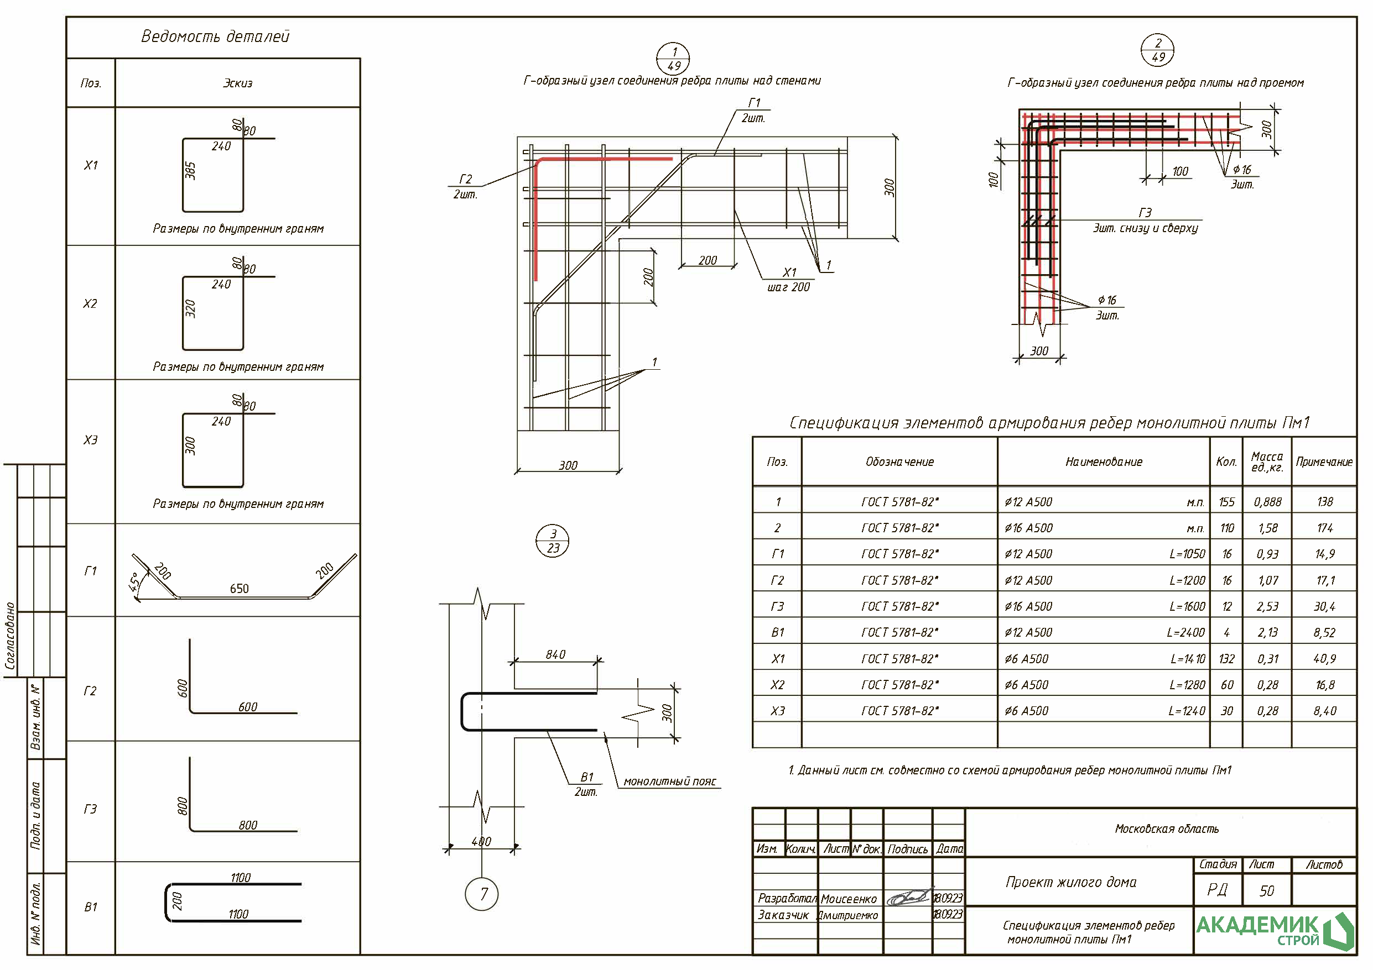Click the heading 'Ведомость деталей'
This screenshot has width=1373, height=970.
[215, 37]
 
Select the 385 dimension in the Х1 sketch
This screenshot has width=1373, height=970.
[190, 171]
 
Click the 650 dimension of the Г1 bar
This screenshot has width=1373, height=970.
[239, 589]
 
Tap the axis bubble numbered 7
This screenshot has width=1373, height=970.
[481, 894]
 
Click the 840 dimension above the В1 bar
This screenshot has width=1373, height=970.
[555, 654]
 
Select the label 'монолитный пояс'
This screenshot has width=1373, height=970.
[669, 781]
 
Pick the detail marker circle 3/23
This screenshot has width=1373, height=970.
[553, 541]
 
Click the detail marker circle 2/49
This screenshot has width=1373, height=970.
[1157, 50]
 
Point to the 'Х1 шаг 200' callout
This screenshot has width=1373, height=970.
[789, 280]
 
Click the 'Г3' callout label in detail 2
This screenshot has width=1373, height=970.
[1145, 213]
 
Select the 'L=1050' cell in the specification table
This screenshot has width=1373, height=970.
[1187, 554]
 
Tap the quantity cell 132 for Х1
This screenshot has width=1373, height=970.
[1226, 659]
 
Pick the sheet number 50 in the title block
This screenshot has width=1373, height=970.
[1267, 891]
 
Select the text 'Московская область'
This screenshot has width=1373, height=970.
[1166, 829]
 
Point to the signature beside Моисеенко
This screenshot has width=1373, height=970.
[908, 898]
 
